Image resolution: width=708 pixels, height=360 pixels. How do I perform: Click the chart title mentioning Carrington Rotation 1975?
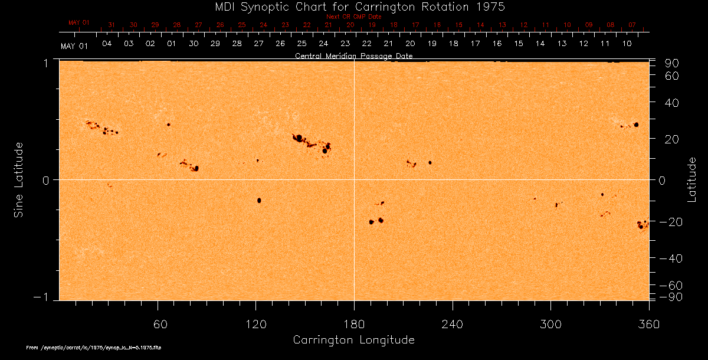[x=354, y=6]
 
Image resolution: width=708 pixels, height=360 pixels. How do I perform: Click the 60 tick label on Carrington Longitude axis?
[x=158, y=324]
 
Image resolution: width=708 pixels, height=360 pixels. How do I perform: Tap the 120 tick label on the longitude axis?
[x=256, y=324]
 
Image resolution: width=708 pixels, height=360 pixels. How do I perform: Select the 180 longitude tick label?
[x=354, y=324]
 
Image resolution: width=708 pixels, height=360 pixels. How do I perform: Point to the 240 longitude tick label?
[x=452, y=324]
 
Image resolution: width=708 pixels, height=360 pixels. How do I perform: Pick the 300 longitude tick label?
[x=550, y=324]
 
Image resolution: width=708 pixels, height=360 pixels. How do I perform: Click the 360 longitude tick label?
[x=648, y=324]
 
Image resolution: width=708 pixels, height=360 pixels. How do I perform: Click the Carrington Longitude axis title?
[x=353, y=340]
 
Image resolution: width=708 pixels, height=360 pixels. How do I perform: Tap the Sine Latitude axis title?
[x=19, y=179]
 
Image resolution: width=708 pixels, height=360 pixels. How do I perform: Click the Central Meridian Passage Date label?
[x=353, y=56]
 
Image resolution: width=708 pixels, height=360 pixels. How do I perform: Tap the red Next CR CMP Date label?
[x=353, y=17]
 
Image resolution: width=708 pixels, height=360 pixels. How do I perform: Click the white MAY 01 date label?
[x=74, y=46]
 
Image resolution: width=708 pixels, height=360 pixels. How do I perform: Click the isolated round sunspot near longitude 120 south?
[x=259, y=201]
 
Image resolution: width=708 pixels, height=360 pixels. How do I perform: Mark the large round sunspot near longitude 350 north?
[x=636, y=125]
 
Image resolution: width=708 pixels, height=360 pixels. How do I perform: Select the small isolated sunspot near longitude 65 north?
[x=169, y=125]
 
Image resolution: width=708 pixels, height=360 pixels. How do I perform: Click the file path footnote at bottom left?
[x=94, y=348]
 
